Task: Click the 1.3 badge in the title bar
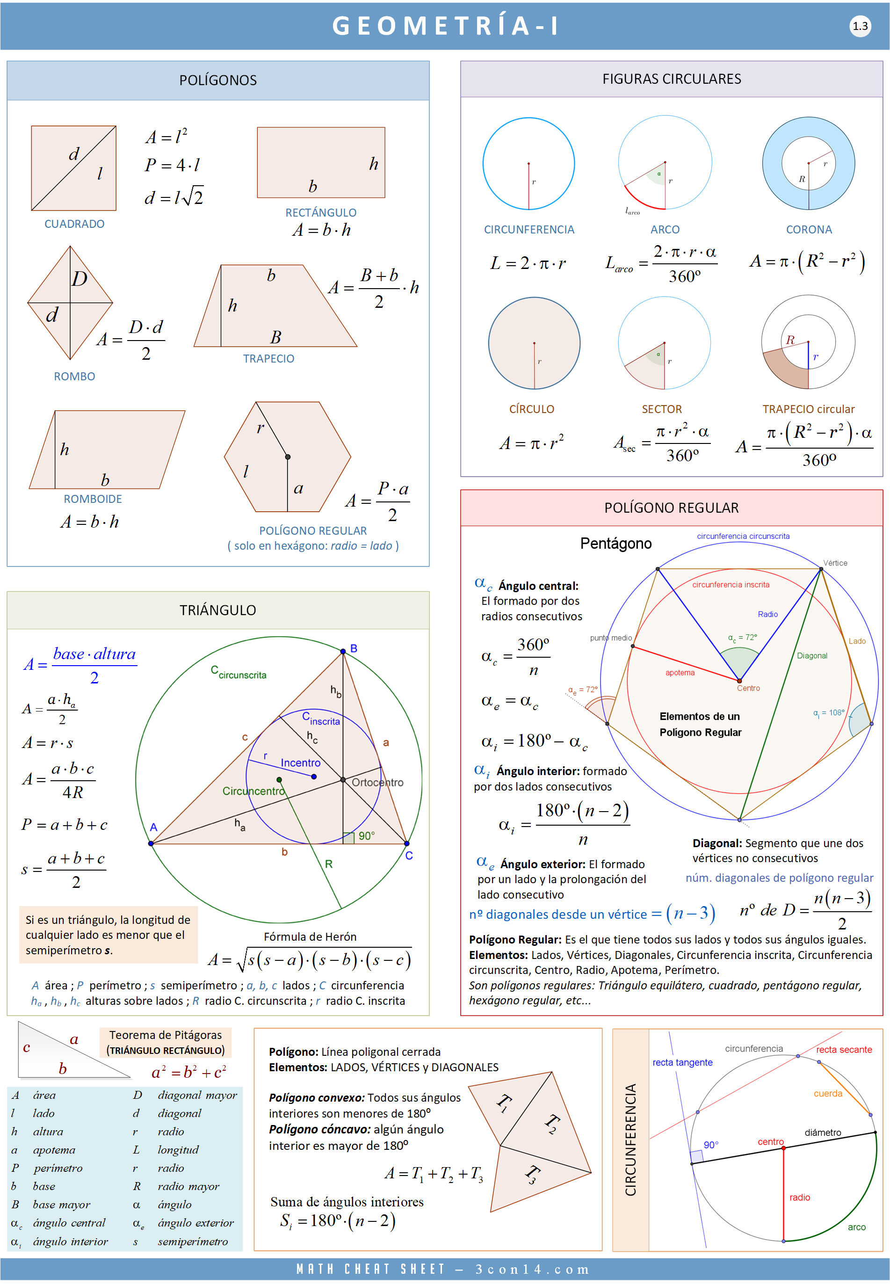click(x=860, y=26)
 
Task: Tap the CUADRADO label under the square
click(x=74, y=224)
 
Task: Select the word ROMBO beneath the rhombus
click(x=74, y=377)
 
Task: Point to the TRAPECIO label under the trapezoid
click(x=268, y=359)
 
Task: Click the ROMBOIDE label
click(x=93, y=499)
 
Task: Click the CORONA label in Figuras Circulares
click(x=809, y=229)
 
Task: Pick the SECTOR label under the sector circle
click(x=661, y=409)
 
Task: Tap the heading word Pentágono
click(x=615, y=543)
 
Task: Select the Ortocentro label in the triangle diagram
click(x=377, y=782)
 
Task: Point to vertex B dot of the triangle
click(x=343, y=651)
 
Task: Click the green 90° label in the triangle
click(x=366, y=835)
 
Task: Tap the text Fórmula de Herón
click(x=310, y=937)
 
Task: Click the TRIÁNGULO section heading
click(x=217, y=610)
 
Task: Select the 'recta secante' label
click(x=844, y=1049)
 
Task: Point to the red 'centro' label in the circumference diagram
click(x=770, y=1142)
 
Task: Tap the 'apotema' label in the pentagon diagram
click(x=680, y=673)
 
